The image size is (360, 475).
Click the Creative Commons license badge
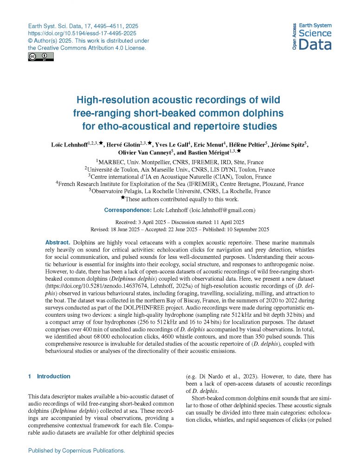pyautogui.click(x=41, y=57)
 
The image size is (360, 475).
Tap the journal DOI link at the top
pyautogui.click(x=82, y=34)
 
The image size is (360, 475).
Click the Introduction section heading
pyautogui.click(x=53, y=376)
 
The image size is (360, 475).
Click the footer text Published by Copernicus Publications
pyautogui.click(x=77, y=450)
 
